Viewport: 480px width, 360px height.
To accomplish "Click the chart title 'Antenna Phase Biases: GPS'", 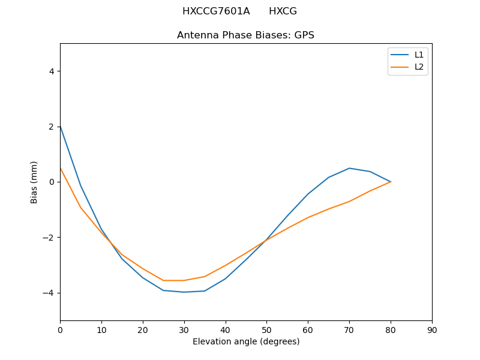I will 245,35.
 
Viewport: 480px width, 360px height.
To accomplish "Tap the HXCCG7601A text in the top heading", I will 216,11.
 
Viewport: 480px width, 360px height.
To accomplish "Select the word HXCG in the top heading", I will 283,11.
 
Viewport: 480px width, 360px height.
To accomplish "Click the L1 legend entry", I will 419,55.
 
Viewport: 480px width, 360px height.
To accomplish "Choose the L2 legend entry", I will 419,67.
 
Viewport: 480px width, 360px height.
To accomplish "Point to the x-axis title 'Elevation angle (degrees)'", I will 246,342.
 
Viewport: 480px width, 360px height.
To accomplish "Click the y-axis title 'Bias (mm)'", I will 34,182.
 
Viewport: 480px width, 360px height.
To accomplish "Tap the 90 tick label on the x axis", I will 432,329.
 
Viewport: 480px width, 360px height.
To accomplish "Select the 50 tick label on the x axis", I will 266,329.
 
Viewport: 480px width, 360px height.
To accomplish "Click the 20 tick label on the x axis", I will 143,329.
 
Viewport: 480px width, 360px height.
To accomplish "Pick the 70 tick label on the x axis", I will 349,329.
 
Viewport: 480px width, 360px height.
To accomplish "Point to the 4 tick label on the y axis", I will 52,71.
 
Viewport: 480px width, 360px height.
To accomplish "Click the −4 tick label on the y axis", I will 49,293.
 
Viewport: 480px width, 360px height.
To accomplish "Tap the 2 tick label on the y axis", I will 52,127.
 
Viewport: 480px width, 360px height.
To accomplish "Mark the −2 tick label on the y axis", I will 49,238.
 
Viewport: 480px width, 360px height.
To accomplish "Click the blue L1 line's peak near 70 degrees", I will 349,168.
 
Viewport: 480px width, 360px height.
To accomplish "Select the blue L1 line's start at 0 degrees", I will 60,126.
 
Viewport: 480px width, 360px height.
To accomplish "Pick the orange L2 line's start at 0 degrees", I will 60,168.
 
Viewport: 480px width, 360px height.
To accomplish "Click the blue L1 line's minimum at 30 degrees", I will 184,292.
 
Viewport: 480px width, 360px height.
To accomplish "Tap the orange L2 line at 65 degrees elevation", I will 329,209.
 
